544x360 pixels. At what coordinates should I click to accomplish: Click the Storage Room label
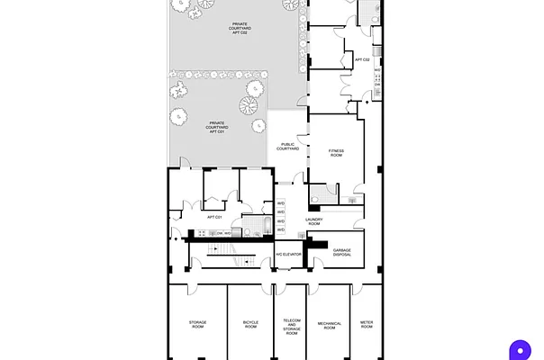(x=197, y=324)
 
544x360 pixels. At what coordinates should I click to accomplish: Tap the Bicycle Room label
(x=250, y=324)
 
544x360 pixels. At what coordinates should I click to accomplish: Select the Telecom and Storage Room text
(x=291, y=326)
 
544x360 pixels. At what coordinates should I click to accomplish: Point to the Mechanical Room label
(x=330, y=326)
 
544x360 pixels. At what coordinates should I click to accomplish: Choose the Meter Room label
(x=367, y=324)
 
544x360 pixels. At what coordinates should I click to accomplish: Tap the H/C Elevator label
(x=288, y=254)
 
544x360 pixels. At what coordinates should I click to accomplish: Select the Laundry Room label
(x=313, y=221)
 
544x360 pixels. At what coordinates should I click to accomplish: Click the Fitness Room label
(x=336, y=153)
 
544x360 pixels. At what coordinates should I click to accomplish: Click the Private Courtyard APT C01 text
(x=216, y=127)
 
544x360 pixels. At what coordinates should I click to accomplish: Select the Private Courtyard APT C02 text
(x=240, y=29)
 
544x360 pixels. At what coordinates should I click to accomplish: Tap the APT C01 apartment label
(x=214, y=217)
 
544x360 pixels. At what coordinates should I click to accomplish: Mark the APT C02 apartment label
(x=362, y=59)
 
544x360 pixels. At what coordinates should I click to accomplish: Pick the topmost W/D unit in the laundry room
(x=281, y=202)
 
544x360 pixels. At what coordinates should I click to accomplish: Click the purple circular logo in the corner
(x=520, y=349)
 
